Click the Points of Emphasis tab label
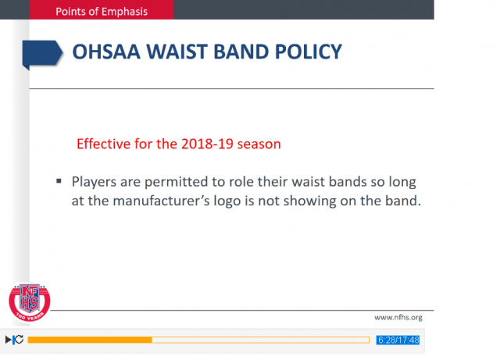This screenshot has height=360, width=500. [x=102, y=12]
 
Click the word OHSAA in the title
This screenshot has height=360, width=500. [x=106, y=52]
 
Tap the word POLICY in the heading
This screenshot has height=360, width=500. [x=308, y=52]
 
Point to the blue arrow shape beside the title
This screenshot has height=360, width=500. [x=42, y=54]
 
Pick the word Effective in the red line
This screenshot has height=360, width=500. [x=104, y=144]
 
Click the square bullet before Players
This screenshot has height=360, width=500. [x=59, y=181]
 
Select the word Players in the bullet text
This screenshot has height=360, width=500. [x=94, y=182]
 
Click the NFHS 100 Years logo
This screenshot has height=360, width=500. [x=30, y=302]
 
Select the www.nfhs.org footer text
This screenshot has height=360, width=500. [x=398, y=318]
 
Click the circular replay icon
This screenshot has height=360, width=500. [x=19, y=340]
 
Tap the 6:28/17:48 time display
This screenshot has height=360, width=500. [x=398, y=340]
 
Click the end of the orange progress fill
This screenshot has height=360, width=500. [x=152, y=340]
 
